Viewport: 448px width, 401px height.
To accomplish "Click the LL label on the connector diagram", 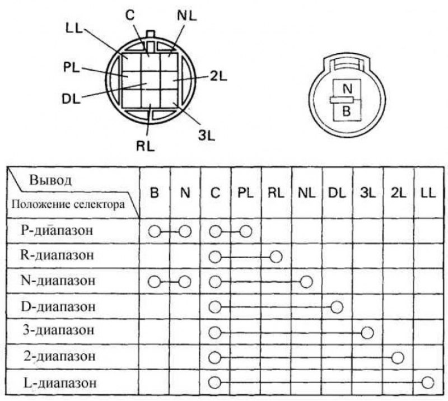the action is tap(74, 29).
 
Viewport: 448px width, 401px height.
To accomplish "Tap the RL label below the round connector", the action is tap(146, 147).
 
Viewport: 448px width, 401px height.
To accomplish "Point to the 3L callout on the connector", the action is tap(206, 135).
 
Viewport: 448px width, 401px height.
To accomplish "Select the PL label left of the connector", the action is tap(72, 68).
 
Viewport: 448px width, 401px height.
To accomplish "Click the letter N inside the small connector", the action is tap(347, 89).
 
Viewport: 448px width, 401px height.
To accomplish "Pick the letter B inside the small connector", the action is tap(346, 111).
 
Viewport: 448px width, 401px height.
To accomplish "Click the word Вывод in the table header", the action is tap(50, 180).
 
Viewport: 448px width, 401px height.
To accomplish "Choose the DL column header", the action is tap(337, 193).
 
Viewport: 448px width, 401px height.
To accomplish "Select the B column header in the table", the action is tap(155, 193).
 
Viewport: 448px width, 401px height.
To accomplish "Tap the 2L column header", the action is tap(398, 193).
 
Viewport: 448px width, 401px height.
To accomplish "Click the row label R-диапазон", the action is tap(57, 255).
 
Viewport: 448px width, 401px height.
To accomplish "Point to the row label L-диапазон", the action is tap(60, 383).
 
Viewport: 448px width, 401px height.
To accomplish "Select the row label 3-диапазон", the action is tap(58, 330).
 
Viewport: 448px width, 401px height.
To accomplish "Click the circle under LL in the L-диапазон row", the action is tap(428, 383).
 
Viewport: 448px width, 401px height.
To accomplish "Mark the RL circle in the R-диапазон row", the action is tap(276, 257).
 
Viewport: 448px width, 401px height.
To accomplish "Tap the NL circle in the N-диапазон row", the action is tap(306, 282).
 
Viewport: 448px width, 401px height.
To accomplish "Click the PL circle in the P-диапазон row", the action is tap(246, 231).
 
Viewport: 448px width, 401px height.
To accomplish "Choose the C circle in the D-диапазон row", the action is tap(215, 307).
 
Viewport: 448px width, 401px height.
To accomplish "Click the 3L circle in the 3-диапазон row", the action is tap(367, 333).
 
